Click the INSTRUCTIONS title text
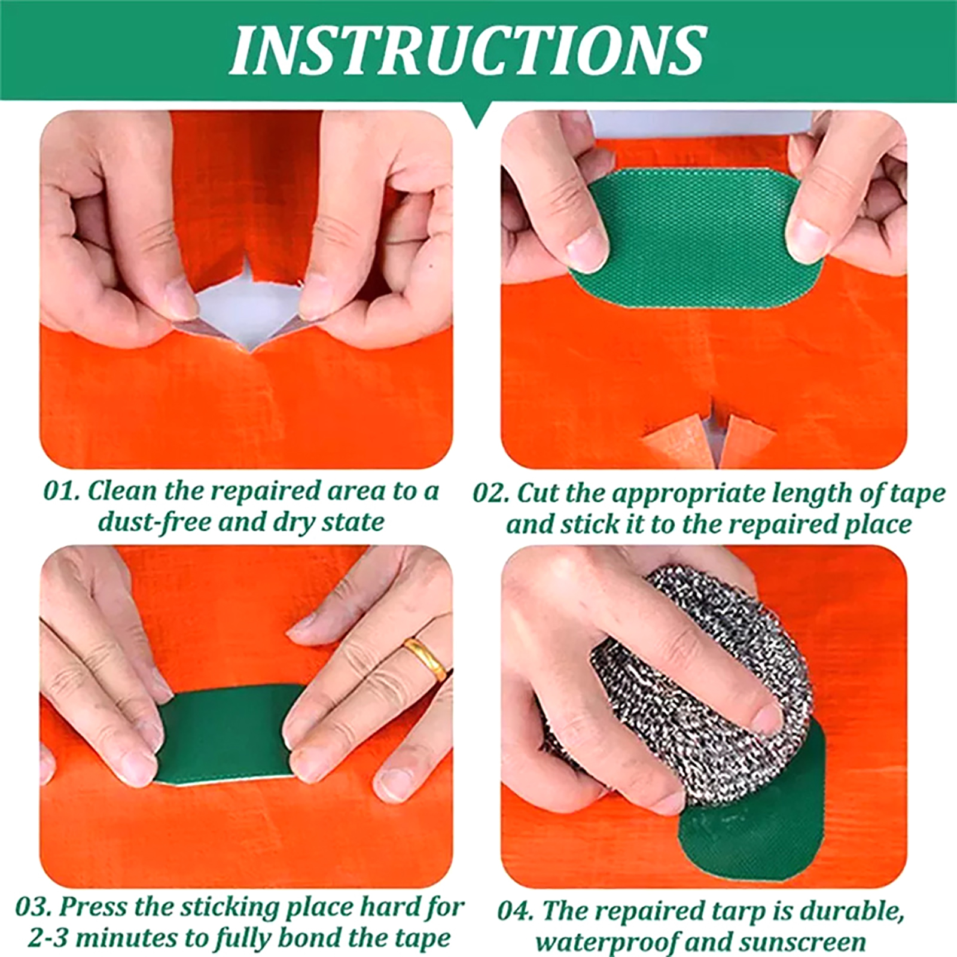click(x=468, y=50)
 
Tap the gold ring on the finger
click(x=425, y=659)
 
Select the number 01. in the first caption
click(x=62, y=492)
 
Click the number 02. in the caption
click(x=492, y=494)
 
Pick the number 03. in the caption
click(x=35, y=907)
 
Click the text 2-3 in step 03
click(x=50, y=938)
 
